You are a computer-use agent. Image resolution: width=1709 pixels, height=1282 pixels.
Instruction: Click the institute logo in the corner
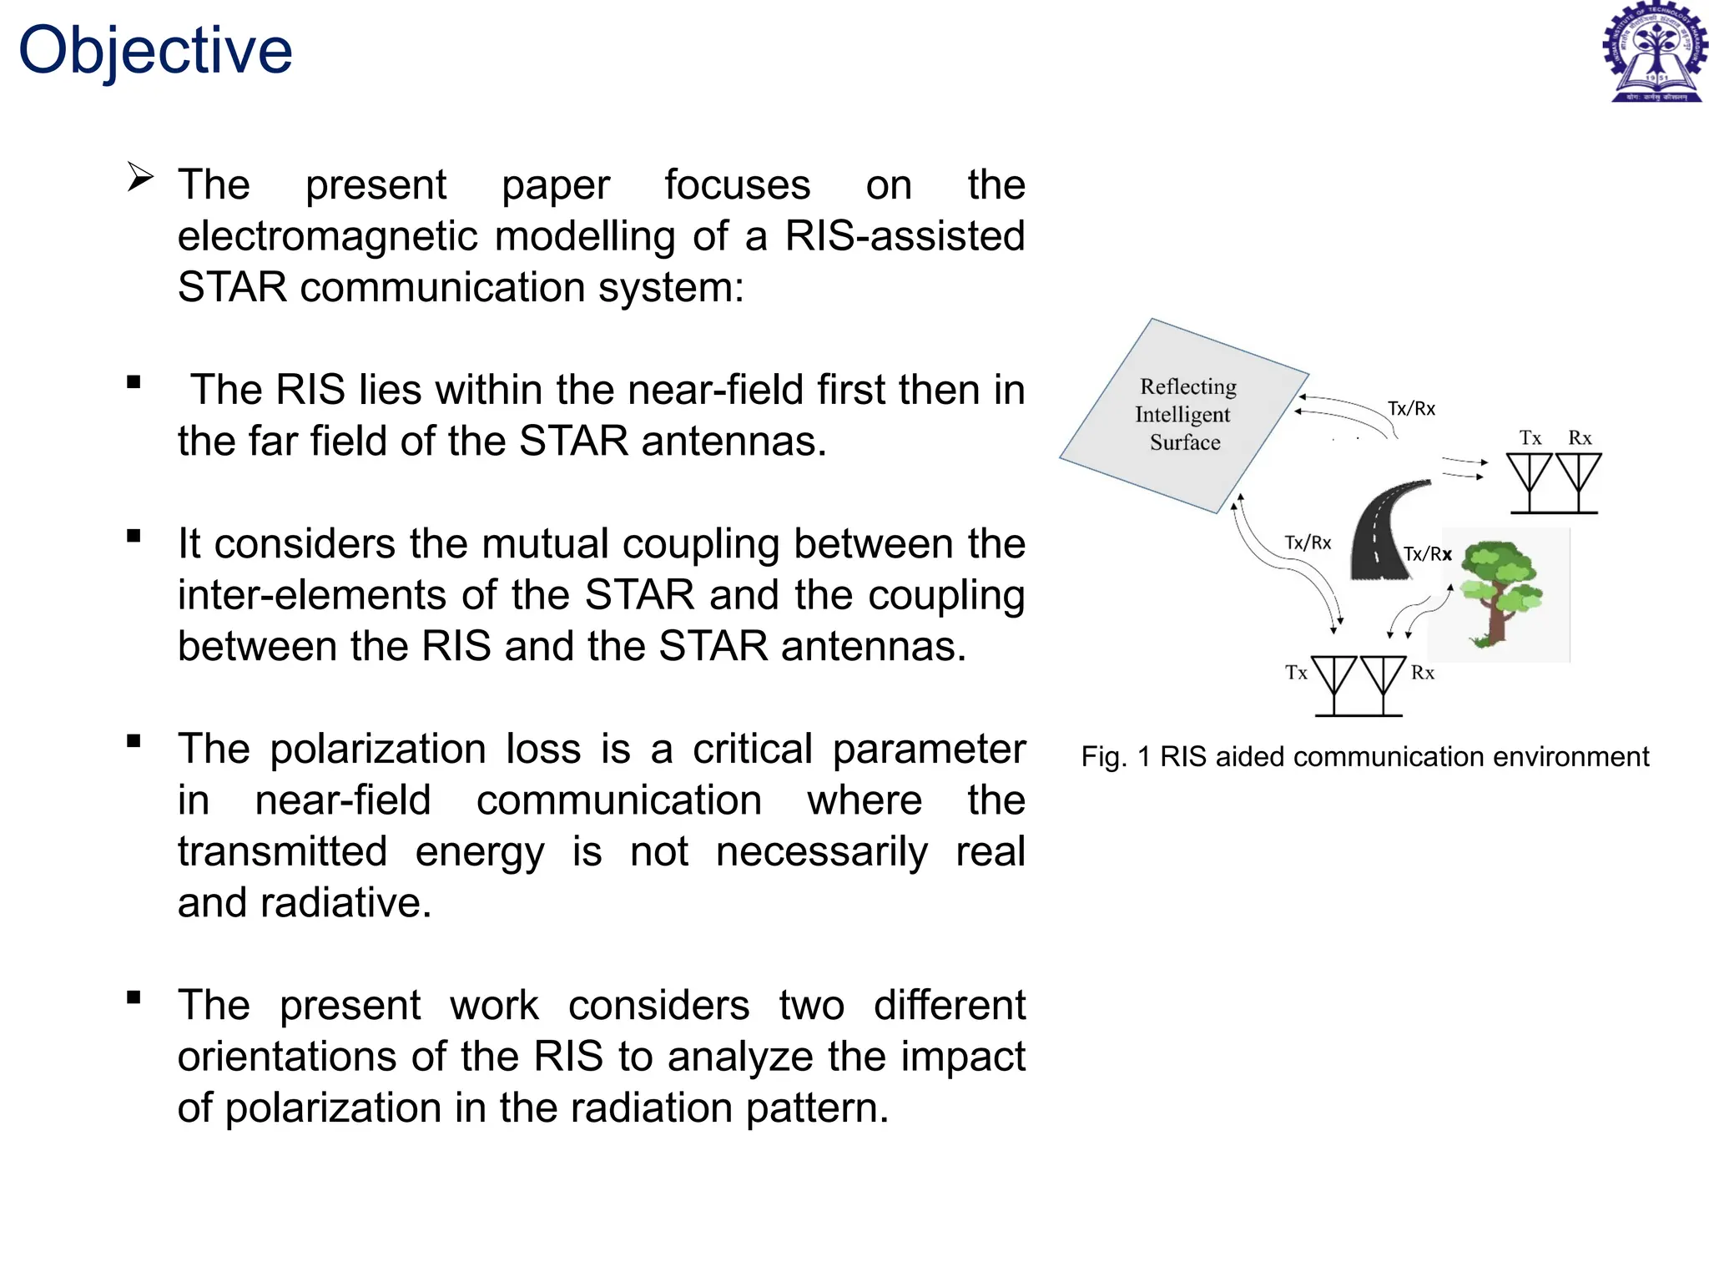pos(1655,52)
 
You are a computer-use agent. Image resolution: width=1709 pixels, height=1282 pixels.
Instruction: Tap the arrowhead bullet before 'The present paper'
pos(140,177)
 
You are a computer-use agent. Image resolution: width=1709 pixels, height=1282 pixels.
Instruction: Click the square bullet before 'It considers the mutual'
pos(134,537)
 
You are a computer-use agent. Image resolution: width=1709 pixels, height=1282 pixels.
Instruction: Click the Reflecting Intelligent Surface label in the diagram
pos(1186,414)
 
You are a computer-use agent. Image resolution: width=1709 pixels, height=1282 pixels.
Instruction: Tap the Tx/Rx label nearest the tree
pos(1428,554)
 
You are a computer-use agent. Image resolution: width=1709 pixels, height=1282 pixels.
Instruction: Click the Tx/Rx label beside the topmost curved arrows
pos(1411,409)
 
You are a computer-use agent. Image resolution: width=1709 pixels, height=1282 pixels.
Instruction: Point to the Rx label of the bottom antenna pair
pos(1423,673)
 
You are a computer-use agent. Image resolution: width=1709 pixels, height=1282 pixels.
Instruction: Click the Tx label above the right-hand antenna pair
pos(1530,438)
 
